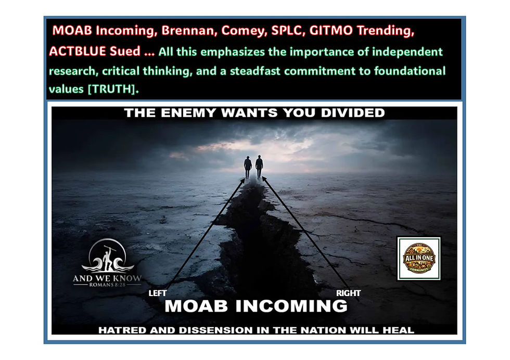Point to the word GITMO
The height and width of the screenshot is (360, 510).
tap(331, 31)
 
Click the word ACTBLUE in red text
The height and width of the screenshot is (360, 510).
tap(78, 51)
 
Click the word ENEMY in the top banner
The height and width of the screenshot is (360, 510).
tap(188, 113)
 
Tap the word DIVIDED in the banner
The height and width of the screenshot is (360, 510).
tap(353, 113)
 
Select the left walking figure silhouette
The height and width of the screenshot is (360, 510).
tap(248, 167)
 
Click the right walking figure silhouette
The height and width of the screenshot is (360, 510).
tap(259, 166)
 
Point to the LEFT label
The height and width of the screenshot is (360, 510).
tap(157, 293)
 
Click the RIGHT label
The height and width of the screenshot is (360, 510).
tap(348, 293)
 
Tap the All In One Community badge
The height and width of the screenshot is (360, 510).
tap(419, 258)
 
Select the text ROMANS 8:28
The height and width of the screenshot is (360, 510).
tap(107, 285)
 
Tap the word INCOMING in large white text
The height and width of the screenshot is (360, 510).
tap(291, 306)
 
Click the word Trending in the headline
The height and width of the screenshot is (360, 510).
tap(386, 31)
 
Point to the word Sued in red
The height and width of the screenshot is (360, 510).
tap(125, 51)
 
